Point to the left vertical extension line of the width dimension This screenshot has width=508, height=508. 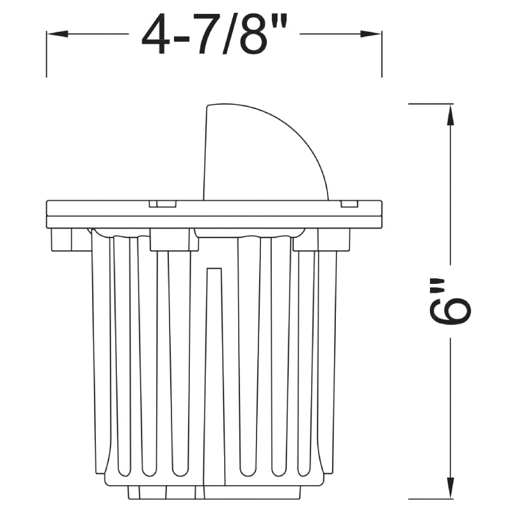coord(46,54)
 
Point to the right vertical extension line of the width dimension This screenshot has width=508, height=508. coord(382,54)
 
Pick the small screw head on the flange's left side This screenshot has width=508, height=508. coord(162,204)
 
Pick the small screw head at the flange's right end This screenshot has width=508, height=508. coord(349,204)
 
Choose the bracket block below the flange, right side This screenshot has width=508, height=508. coord(321,239)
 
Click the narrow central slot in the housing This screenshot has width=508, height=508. coord(215,375)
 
